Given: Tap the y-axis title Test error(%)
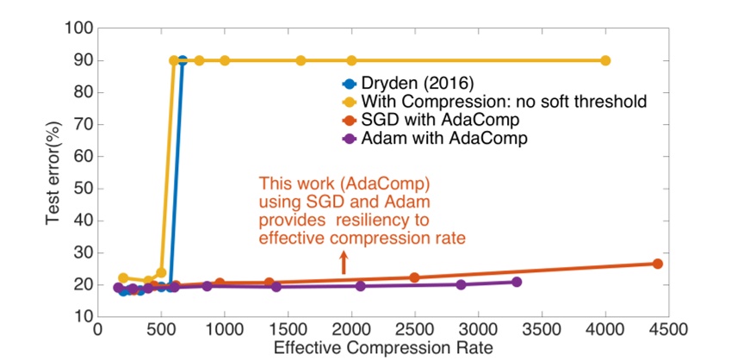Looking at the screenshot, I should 53,172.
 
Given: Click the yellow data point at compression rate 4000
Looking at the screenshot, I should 605,60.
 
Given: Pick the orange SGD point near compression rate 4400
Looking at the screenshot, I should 657,264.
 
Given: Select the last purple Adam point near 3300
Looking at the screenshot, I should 517,282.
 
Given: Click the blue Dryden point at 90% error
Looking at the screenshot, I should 182,60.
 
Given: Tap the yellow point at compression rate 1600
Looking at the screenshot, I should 300,60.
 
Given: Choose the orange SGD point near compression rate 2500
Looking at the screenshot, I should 414,277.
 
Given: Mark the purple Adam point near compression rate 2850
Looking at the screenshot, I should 461,284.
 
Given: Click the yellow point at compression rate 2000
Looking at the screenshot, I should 351,60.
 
